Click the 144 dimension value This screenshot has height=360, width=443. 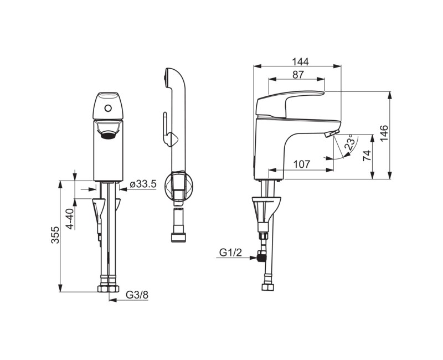300,61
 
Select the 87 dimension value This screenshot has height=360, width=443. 298,75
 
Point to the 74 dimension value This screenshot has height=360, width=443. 367,156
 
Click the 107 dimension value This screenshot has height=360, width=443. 302,164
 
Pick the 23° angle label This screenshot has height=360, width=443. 350,142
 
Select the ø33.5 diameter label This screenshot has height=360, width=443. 143,184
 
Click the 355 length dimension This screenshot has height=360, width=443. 55,234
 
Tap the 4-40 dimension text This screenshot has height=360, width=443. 70,218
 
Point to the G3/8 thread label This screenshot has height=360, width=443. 137,295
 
